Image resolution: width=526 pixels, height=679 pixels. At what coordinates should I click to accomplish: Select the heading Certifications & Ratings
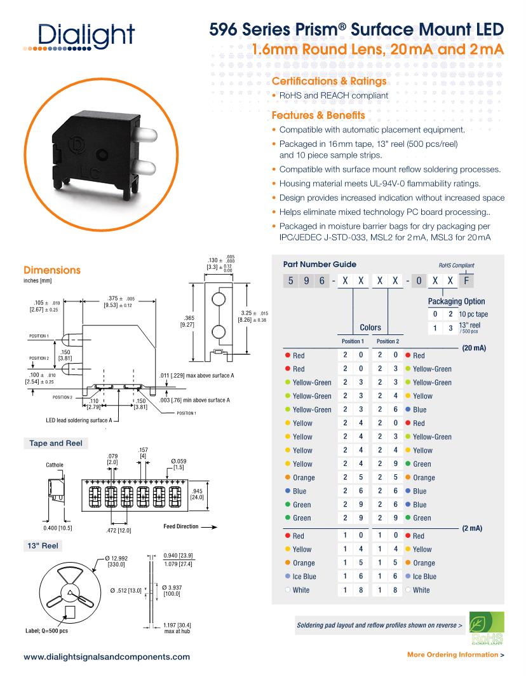pyautogui.click(x=329, y=82)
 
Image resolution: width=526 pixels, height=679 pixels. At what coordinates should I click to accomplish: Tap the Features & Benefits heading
pyautogui.click(x=318, y=116)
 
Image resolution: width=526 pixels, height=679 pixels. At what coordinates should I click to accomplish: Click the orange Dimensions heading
pyautogui.click(x=52, y=270)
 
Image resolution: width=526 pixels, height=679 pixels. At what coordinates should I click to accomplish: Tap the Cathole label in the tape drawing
pyautogui.click(x=55, y=465)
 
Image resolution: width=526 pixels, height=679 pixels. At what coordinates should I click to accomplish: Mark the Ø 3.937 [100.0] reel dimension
pyautogui.click(x=172, y=590)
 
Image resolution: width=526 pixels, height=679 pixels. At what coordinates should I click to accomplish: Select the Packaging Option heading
pyautogui.click(x=456, y=301)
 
